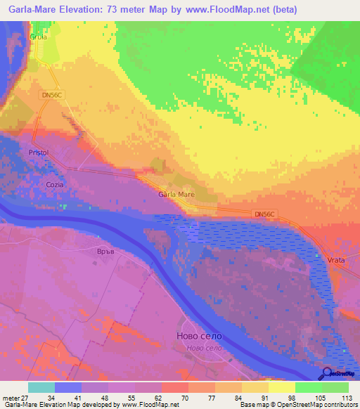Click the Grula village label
coord(38,37)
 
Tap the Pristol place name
coord(38,152)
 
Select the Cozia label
coord(55,185)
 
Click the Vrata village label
coord(336,260)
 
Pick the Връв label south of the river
coord(104,251)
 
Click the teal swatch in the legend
coord(41,387)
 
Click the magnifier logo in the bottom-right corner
coord(328,373)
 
